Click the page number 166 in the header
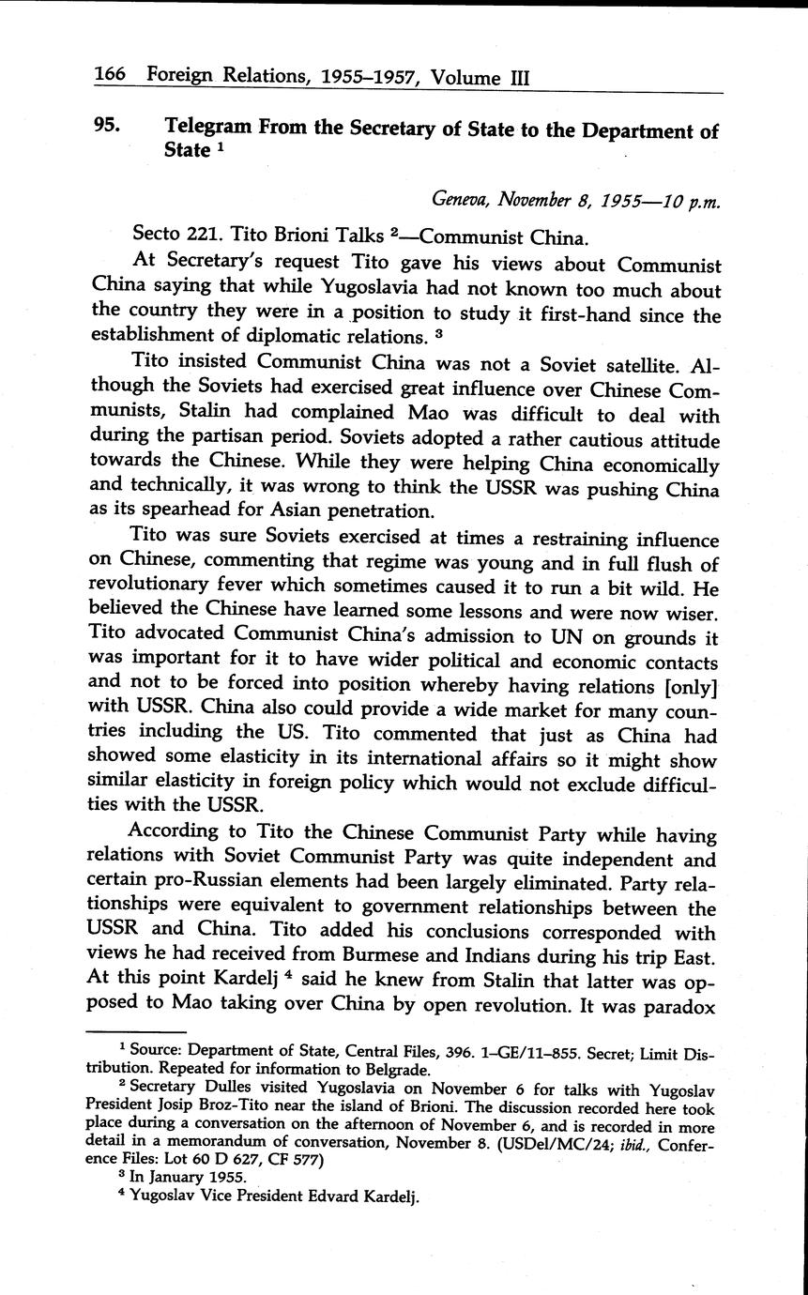coord(112,76)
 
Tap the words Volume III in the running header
coord(480,78)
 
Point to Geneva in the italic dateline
coord(461,199)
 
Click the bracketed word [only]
coord(690,688)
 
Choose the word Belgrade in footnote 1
coord(397,1069)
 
